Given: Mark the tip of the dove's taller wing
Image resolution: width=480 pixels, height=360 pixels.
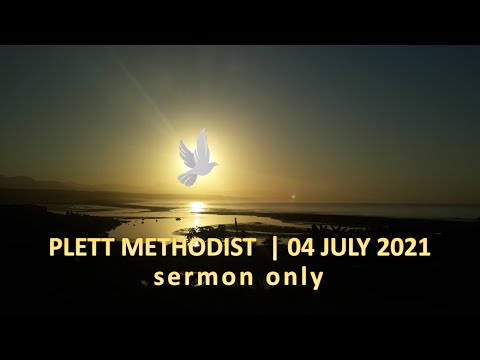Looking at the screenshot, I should pos(202,131).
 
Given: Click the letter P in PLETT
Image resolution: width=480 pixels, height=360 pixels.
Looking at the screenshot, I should pos(54,247).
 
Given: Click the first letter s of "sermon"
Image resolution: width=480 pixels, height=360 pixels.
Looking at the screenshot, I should pos(160,278).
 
